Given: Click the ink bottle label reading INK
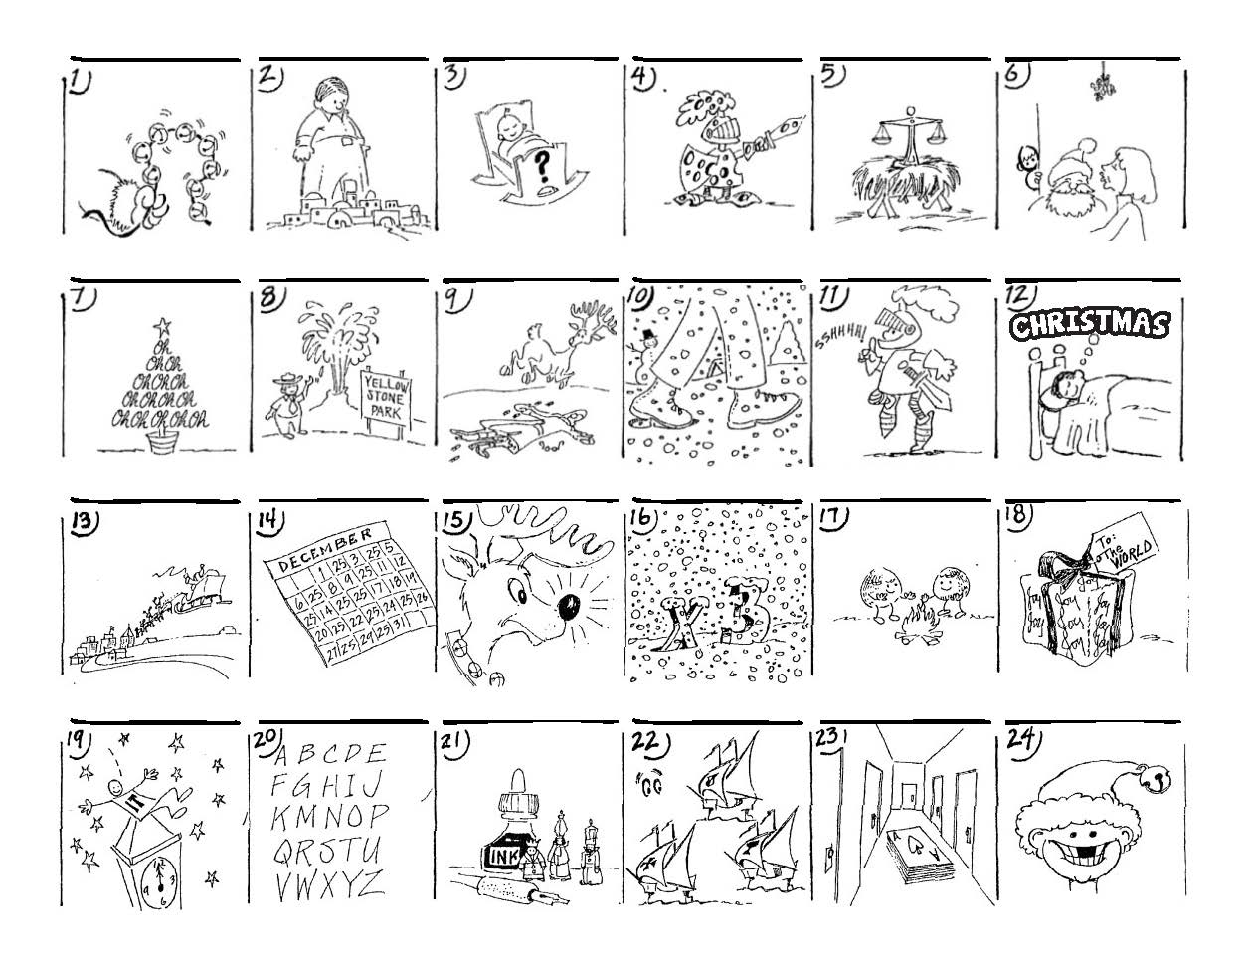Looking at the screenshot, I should pos(499,855).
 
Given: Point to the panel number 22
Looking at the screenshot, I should pos(646,742).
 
